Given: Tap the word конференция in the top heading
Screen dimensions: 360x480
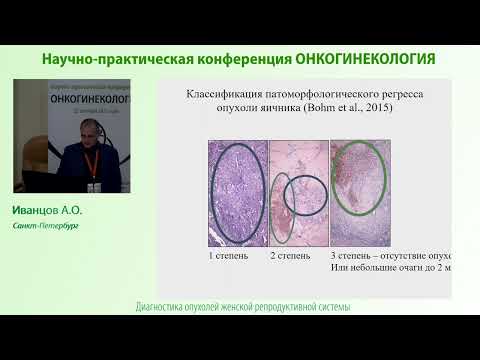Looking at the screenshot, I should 246,59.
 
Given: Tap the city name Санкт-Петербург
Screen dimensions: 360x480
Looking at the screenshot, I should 46,226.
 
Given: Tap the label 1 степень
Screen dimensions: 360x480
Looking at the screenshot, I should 229,256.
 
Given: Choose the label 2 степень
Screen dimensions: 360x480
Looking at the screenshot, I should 290,256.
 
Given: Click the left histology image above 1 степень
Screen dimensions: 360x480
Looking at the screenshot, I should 237,193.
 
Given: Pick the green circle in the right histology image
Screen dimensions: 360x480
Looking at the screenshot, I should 361,178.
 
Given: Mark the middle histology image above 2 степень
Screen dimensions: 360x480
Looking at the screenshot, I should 297,193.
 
